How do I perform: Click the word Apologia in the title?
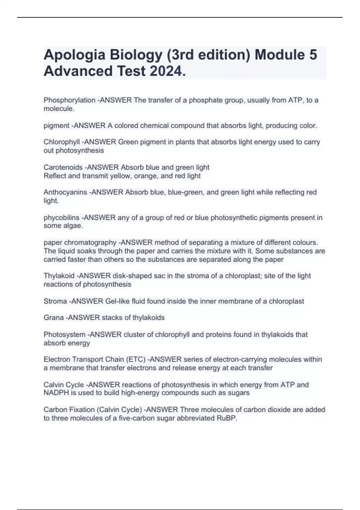(74, 55)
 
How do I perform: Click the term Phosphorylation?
(70, 100)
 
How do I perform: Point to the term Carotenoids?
(63, 167)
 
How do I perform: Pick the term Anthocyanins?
(65, 192)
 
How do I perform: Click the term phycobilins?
(61, 217)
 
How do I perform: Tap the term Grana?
(54, 318)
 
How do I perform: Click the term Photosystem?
(64, 334)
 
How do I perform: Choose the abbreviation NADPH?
(56, 393)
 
